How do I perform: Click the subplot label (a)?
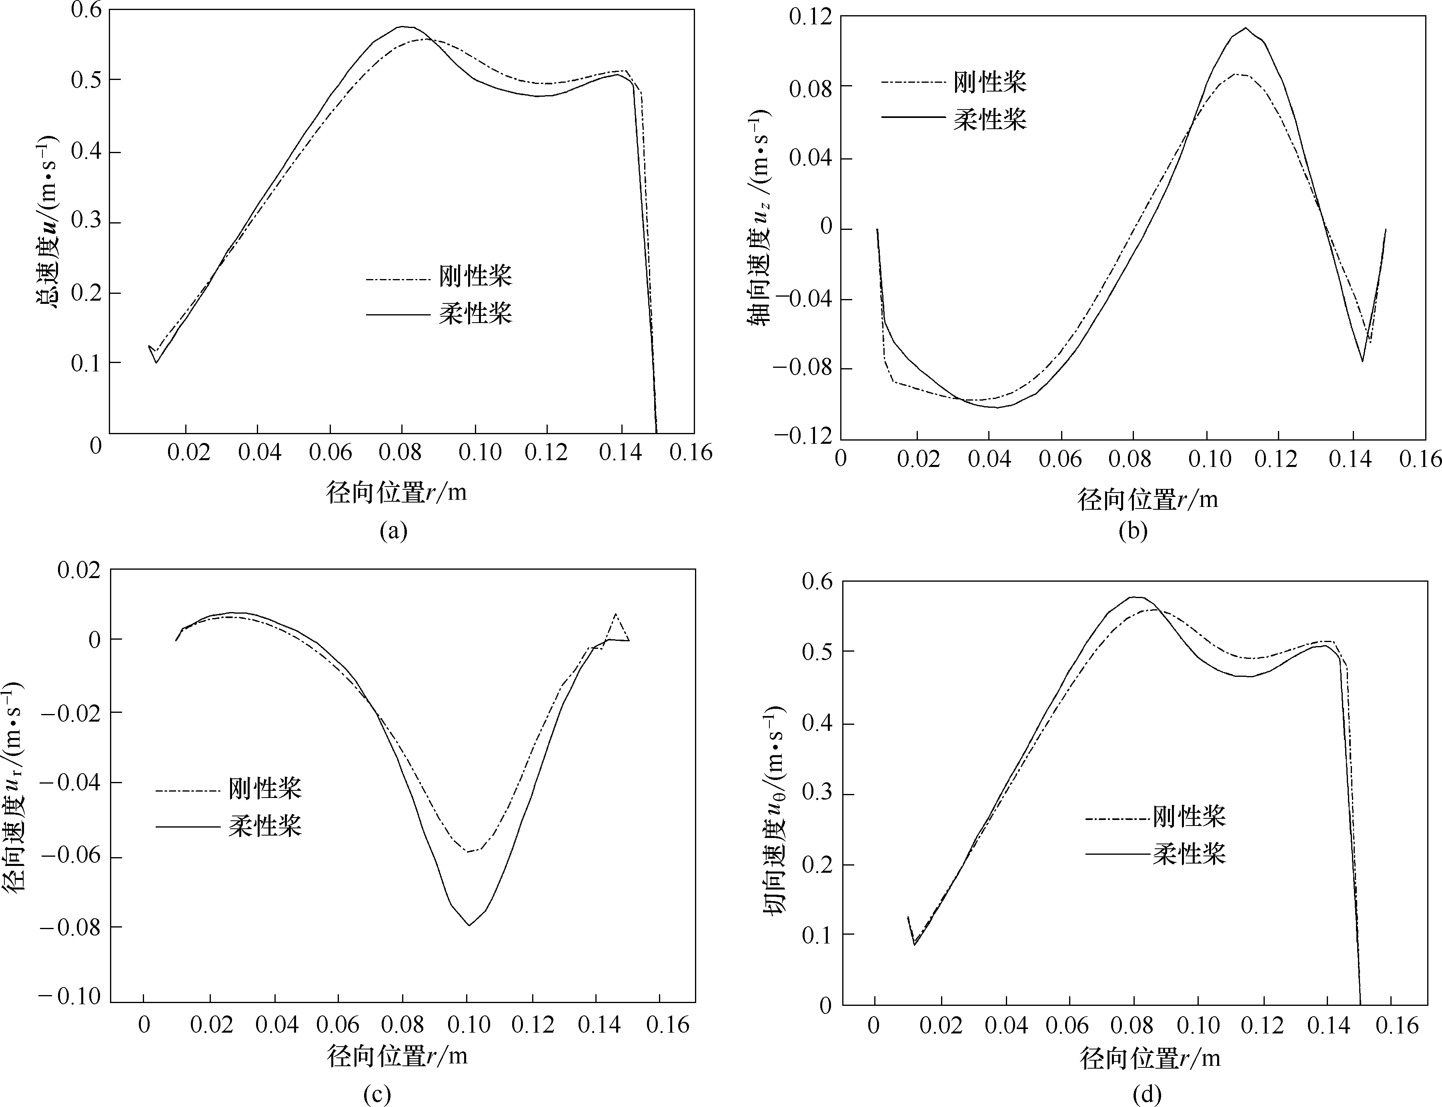click(394, 531)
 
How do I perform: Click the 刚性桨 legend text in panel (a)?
click(475, 276)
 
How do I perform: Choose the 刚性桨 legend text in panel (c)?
click(265, 788)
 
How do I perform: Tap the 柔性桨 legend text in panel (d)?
click(1189, 854)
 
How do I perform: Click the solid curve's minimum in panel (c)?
click(469, 925)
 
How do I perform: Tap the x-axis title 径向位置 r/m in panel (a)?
click(396, 492)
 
